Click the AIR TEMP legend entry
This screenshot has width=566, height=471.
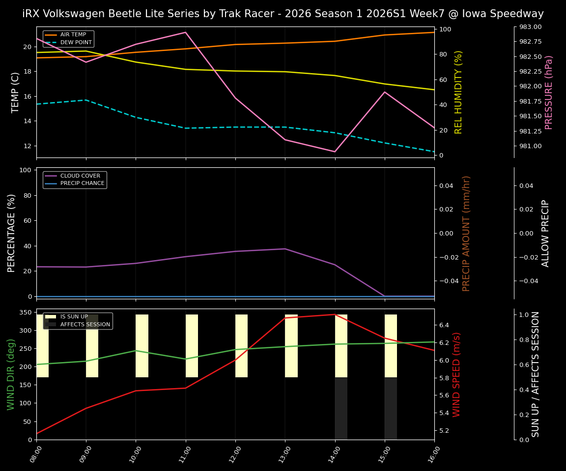72,35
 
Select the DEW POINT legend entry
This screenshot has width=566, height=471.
76,43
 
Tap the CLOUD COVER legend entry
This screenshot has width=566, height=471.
80,176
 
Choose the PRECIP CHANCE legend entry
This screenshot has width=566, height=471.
82,183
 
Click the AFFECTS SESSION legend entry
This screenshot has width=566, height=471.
85,324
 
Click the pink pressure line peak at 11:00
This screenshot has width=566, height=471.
186,32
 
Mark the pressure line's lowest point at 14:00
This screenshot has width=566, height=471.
335,152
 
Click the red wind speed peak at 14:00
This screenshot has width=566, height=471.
335,314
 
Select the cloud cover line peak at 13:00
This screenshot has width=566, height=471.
285,249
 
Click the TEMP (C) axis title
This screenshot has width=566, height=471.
16,92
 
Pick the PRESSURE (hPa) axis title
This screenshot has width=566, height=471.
549,92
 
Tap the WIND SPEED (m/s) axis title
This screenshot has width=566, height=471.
456,374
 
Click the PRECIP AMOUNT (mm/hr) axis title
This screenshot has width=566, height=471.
466,233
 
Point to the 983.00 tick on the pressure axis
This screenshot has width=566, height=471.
528,27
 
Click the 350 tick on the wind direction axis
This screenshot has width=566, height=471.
27,312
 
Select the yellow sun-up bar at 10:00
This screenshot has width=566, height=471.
142,346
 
